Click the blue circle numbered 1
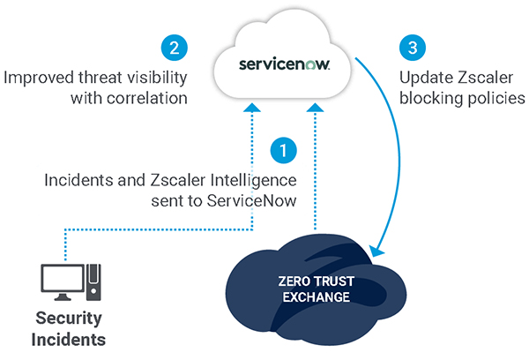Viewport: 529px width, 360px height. coord(283,151)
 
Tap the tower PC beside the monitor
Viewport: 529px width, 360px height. coord(93,282)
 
